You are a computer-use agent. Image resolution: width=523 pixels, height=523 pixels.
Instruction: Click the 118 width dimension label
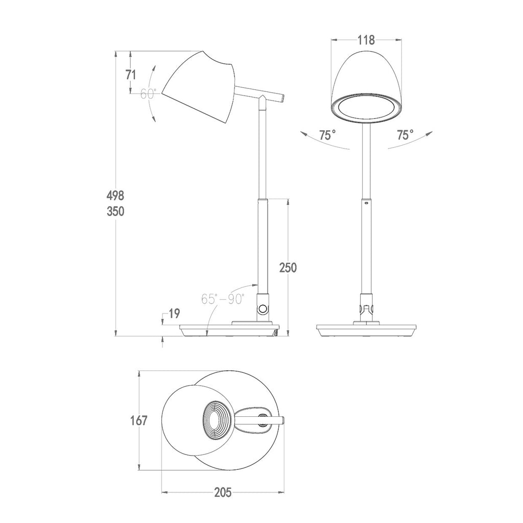(x=366, y=40)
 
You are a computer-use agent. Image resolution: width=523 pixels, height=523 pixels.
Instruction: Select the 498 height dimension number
(x=115, y=195)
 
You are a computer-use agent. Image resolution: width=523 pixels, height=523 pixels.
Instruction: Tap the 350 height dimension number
(x=115, y=211)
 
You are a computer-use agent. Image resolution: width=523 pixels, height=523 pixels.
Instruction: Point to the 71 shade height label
(x=131, y=74)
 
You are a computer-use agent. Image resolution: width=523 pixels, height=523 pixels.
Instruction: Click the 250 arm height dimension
(x=288, y=267)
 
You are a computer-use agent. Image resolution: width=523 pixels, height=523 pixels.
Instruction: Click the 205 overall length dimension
(x=222, y=492)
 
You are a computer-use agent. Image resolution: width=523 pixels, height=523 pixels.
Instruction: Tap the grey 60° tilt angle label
(x=148, y=94)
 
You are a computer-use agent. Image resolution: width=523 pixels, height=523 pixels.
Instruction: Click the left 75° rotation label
(x=327, y=135)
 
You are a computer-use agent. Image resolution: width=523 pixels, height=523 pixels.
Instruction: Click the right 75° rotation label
(x=405, y=135)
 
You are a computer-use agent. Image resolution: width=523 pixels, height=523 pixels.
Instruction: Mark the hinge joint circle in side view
(x=263, y=308)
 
